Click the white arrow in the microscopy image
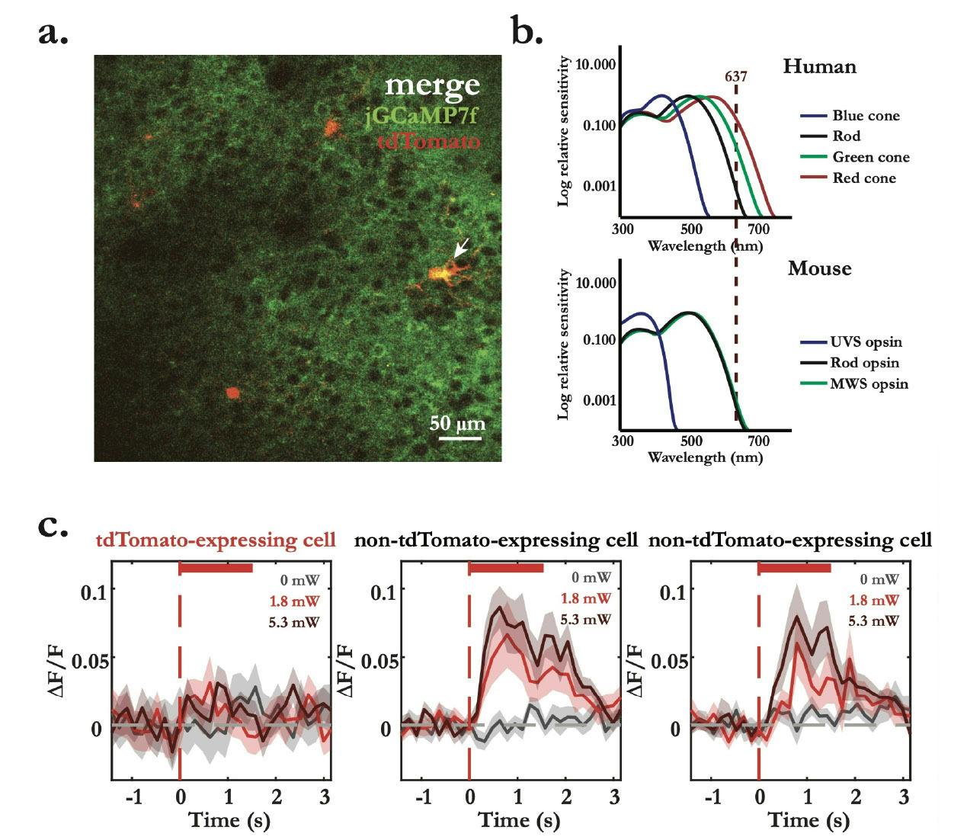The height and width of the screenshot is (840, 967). point(461,248)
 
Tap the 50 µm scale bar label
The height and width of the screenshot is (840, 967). point(457,423)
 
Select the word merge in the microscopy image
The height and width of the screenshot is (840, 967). point(432,85)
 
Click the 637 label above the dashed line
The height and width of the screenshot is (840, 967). point(735,76)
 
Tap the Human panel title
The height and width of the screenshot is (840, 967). point(819,66)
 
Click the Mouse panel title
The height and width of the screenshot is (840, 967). point(819,268)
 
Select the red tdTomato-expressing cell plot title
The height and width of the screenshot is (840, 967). point(216,540)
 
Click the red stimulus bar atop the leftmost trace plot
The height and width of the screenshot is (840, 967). point(216,567)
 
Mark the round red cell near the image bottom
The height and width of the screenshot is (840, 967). point(232,393)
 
